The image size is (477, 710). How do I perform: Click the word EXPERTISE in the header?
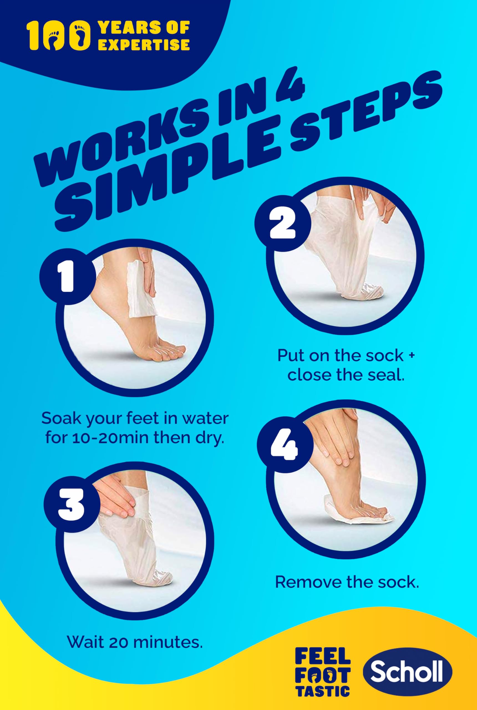[145, 44]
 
